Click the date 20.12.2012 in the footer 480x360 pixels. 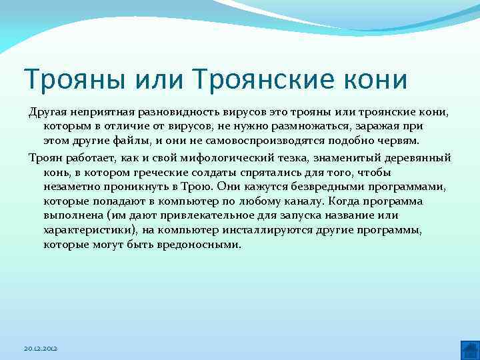click(41, 349)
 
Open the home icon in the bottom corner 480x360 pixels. click(469, 349)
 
